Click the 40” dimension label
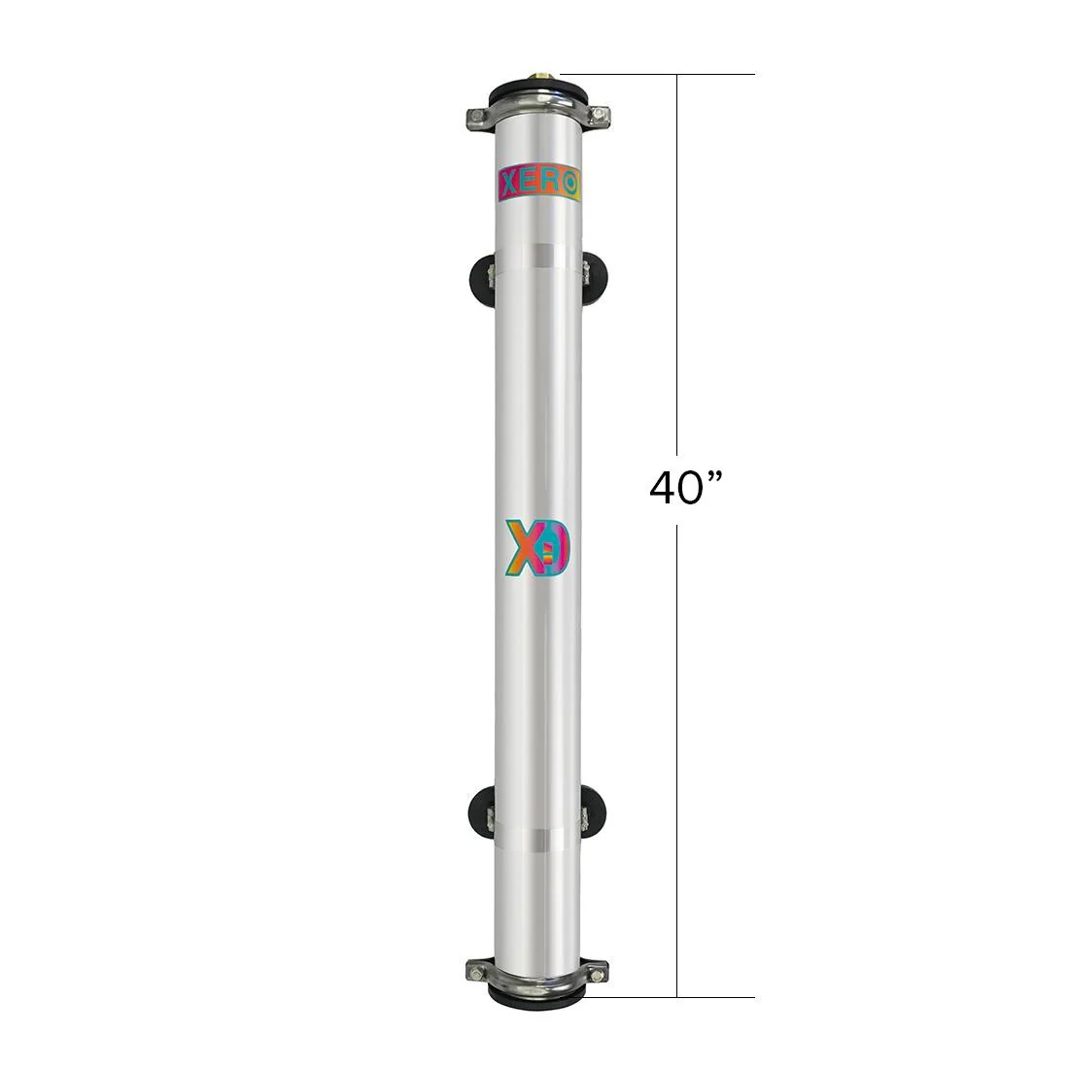coord(689,488)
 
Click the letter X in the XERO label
coord(509,184)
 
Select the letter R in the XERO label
coord(552,184)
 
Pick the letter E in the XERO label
coord(531,184)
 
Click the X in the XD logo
coord(521,548)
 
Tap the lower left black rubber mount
coord(482,807)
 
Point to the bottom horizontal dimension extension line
coord(671,996)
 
